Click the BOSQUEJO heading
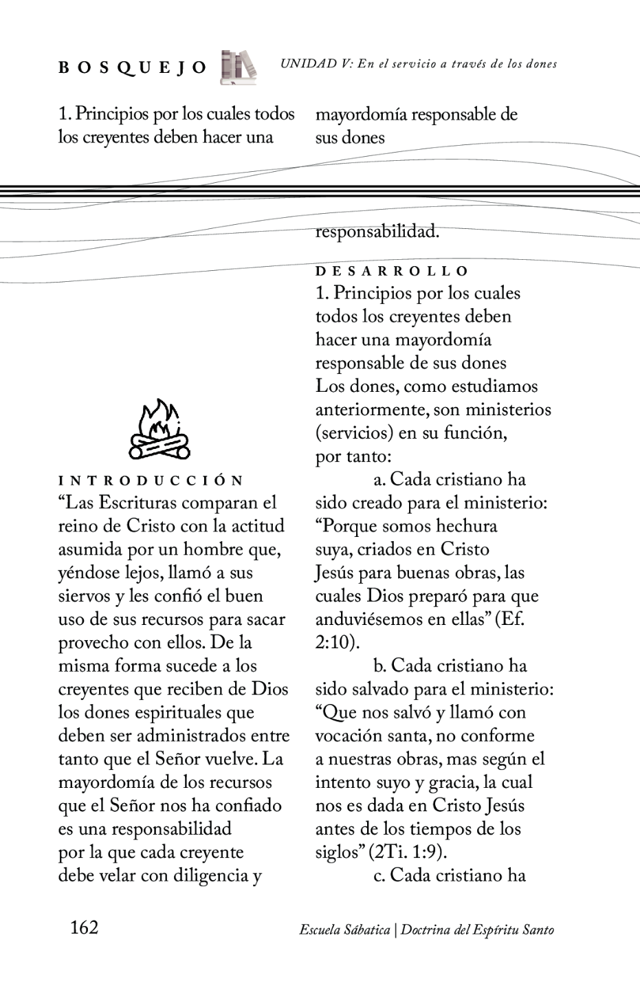(132, 67)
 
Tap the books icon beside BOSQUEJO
(238, 67)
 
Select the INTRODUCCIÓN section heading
(151, 481)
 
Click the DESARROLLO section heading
(392, 272)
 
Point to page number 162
(85, 928)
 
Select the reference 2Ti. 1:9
(408, 852)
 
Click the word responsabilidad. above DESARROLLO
(377, 232)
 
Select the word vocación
(349, 736)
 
